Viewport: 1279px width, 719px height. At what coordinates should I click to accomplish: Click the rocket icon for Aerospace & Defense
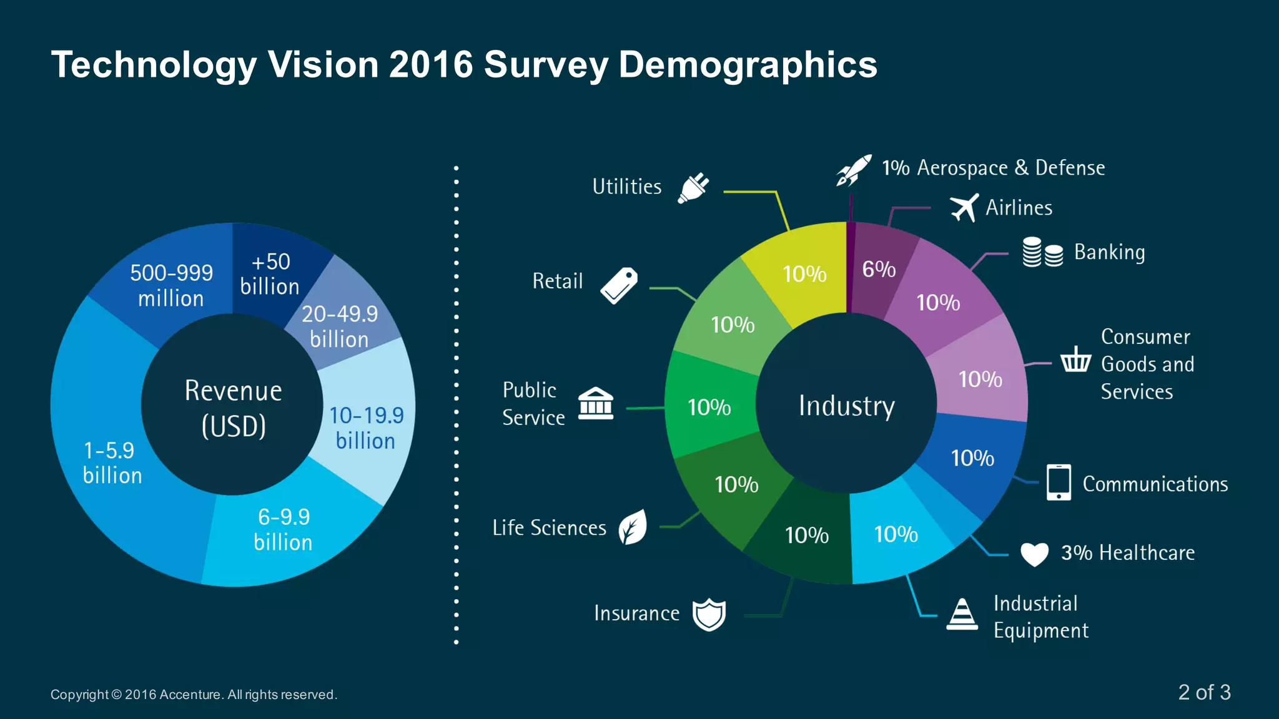(x=854, y=170)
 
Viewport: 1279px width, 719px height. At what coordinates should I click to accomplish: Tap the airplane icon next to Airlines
(x=964, y=208)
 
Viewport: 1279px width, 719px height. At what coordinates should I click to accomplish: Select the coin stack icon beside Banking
(x=1042, y=252)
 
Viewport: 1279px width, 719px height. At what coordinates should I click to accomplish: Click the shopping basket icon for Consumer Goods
(x=1075, y=360)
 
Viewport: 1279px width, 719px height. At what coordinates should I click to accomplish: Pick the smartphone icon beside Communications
(x=1059, y=482)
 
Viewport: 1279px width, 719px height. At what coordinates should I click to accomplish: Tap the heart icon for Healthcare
(x=1034, y=554)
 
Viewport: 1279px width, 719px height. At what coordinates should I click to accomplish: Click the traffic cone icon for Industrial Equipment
(x=962, y=615)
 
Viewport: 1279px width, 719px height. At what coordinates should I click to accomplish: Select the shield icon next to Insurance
(x=709, y=615)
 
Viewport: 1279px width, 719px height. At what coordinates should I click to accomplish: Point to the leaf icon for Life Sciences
(x=633, y=527)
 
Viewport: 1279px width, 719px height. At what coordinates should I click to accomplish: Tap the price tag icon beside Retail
(x=619, y=286)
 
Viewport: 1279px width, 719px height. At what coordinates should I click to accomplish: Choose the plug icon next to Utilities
(x=693, y=188)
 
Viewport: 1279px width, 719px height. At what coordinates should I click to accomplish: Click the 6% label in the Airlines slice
(x=879, y=269)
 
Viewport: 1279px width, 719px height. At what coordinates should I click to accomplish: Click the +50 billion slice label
(x=270, y=274)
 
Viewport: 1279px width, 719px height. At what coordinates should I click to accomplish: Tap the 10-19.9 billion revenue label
(x=367, y=428)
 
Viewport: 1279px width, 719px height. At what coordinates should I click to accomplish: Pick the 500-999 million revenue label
(x=171, y=285)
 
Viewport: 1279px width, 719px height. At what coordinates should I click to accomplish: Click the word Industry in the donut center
(x=846, y=406)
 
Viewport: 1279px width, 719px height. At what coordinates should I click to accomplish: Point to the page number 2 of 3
(x=1203, y=692)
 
